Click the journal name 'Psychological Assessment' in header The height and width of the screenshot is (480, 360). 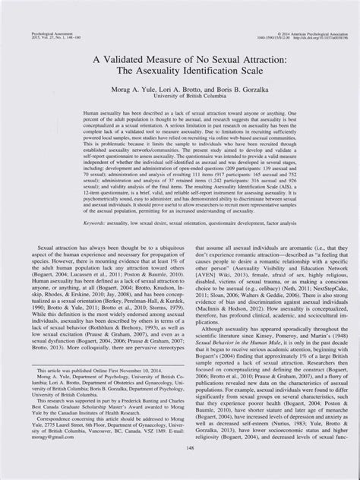(x=33, y=14)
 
